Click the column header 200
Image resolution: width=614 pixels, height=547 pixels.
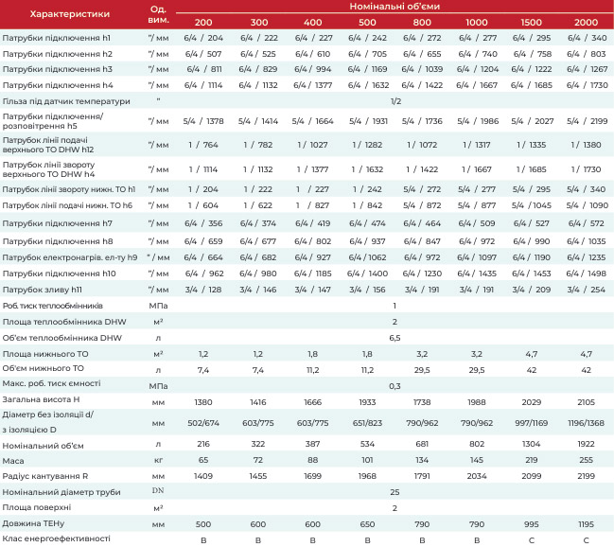pos(203,23)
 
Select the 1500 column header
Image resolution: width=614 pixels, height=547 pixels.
pos(531,23)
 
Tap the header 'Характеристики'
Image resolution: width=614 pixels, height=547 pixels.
pos(70,14)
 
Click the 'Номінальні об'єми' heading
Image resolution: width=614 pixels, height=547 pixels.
pos(395,7)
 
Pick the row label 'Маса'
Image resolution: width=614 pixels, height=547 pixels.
pos(13,461)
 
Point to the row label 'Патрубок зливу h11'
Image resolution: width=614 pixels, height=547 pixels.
pos(43,290)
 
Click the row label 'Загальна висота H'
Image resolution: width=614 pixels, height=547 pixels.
pos(41,399)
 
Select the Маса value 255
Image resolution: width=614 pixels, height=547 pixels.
pos(586,460)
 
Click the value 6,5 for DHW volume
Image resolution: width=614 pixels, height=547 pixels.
pos(395,338)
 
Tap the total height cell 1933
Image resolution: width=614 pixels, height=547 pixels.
pos(367,402)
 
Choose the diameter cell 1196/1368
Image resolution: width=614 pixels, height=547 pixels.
pos(586,423)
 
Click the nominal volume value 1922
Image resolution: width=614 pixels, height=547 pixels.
pos(586,444)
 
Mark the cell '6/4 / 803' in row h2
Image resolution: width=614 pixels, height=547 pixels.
pos(587,54)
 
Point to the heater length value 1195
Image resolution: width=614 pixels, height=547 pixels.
pos(586,524)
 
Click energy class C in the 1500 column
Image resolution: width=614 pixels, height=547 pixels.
pos(531,540)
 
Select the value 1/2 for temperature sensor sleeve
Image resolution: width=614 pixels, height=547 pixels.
pos(395,101)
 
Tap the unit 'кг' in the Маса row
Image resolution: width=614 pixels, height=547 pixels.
pos(158,460)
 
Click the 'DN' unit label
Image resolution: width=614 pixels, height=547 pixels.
pos(158,490)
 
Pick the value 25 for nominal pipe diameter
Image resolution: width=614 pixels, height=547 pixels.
pos(395,492)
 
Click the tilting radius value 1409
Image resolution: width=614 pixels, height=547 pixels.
pos(203,476)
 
